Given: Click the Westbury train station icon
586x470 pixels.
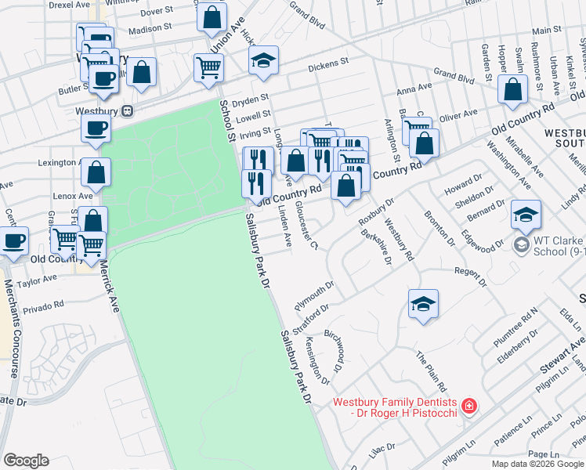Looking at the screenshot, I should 127,111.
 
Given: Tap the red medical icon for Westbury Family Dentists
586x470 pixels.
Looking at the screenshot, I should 468,407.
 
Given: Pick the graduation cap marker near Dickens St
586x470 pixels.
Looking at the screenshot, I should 264,61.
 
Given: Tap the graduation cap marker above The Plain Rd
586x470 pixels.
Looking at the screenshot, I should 423,304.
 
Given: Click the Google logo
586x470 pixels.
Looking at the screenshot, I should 26,461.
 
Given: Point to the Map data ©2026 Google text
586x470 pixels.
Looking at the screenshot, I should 537,464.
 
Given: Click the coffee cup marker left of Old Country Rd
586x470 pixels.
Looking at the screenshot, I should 13,241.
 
